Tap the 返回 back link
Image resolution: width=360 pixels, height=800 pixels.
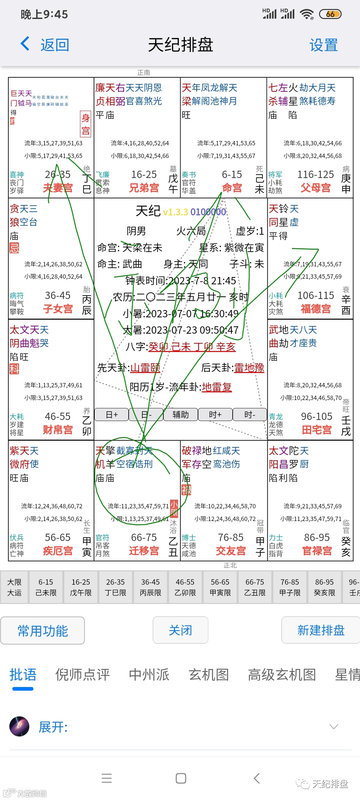coord(45,45)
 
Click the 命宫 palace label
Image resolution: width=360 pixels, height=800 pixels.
coord(232,188)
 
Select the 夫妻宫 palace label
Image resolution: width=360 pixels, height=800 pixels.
coord(58,188)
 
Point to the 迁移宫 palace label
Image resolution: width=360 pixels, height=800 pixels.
coord(144,551)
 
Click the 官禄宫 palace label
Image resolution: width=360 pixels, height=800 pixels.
coord(317,551)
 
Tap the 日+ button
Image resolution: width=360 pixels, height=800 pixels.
coord(112,415)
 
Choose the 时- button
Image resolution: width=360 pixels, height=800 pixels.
coord(250,415)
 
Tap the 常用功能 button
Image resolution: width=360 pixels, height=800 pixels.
coord(43,631)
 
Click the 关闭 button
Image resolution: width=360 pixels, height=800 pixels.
coord(180,630)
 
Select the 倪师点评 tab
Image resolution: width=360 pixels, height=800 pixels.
coord(82,675)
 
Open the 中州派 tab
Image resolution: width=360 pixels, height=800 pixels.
coord(149,675)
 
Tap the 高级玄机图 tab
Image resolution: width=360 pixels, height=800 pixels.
coord(282,675)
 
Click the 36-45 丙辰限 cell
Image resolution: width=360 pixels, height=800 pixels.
coord(150,587)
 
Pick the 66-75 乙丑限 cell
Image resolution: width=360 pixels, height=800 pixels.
coord(255,587)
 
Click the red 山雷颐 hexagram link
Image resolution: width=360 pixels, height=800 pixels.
coord(145,368)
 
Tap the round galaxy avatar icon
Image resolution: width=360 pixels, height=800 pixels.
coord(19,726)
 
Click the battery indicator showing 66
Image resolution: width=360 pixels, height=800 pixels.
coord(330,14)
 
